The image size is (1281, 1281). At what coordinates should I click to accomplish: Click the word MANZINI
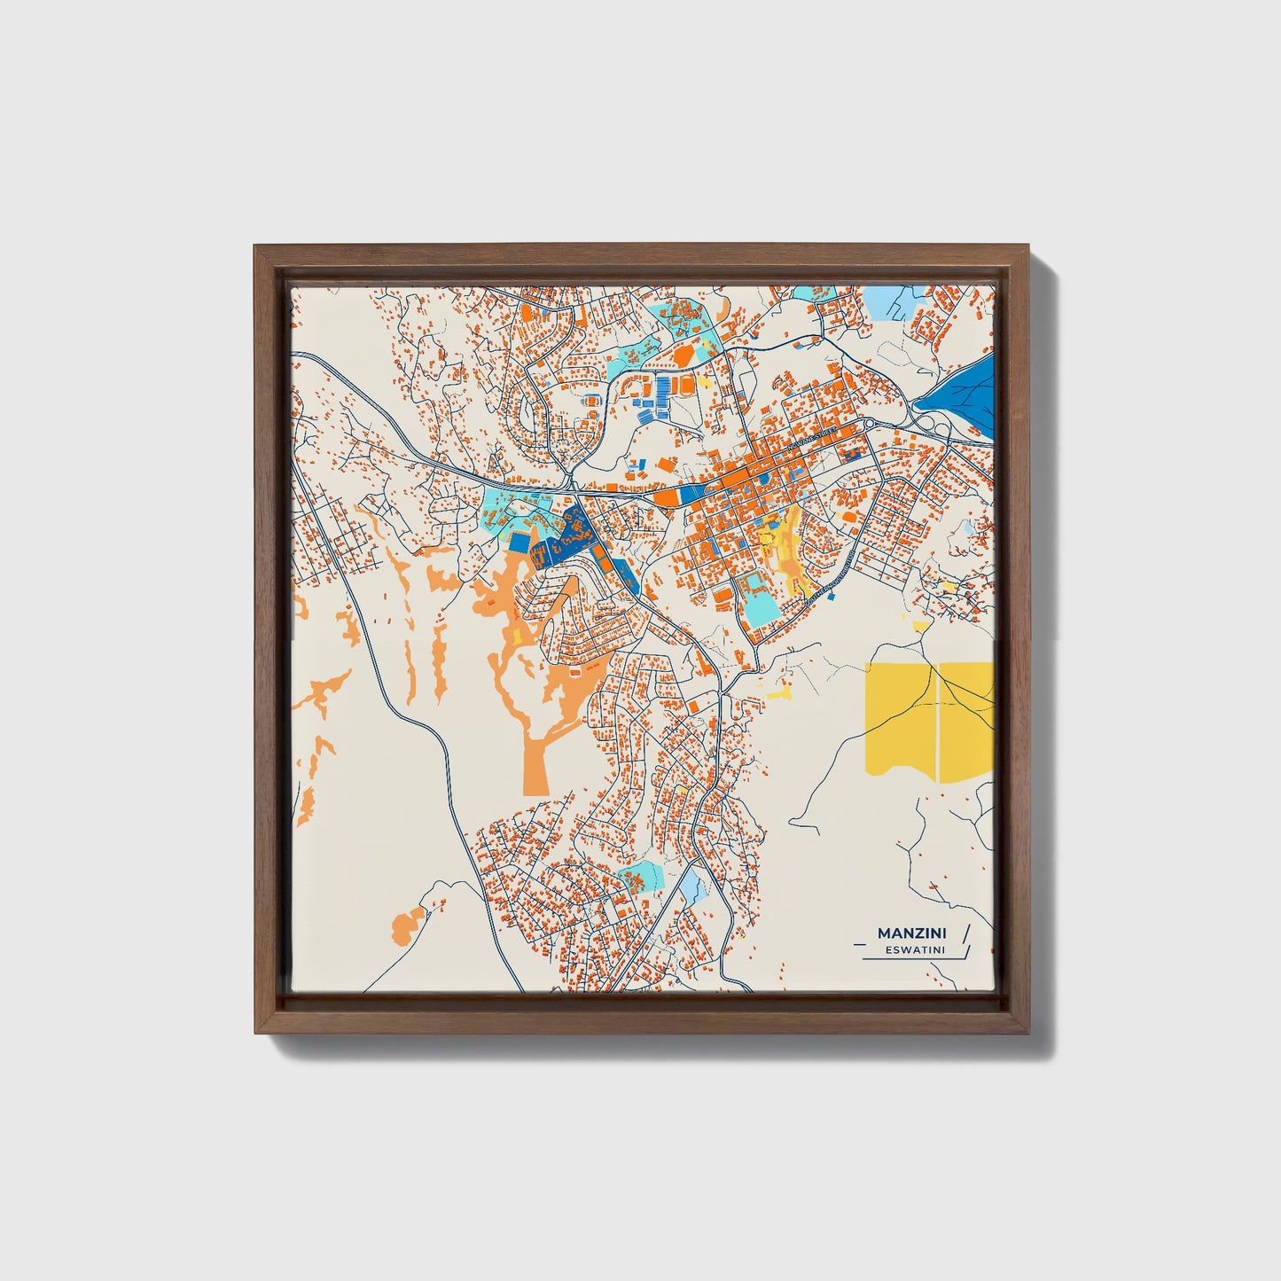(910, 933)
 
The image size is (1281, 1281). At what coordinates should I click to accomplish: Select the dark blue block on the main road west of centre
(691, 495)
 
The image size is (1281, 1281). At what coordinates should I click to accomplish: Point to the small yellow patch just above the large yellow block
(921, 626)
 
